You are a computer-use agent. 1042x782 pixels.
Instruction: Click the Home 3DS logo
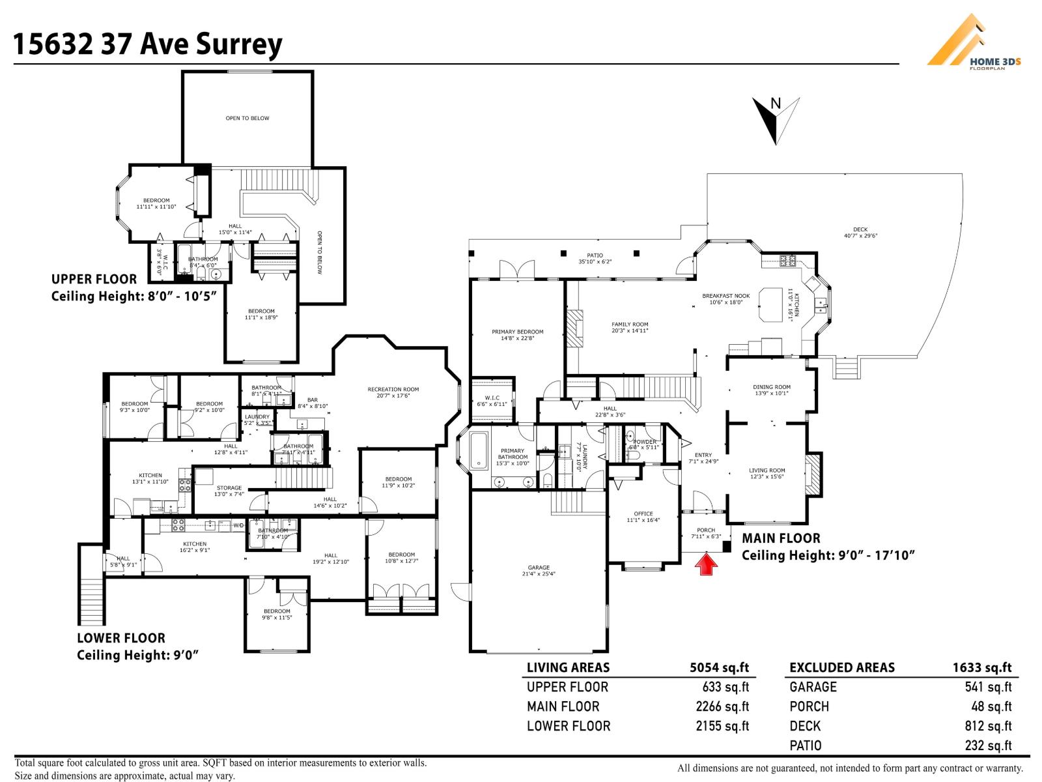click(974, 42)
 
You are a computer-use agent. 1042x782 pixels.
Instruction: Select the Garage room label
click(539, 571)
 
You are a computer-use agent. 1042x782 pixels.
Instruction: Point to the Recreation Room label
click(393, 392)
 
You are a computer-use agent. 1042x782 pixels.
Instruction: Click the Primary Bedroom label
click(517, 335)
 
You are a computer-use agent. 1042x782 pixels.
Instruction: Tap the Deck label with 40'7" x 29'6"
click(860, 233)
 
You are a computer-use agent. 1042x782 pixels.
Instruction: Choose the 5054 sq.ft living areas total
click(719, 667)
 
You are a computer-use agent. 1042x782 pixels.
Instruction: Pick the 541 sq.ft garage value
click(988, 687)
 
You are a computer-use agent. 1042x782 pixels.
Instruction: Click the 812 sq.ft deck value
click(988, 726)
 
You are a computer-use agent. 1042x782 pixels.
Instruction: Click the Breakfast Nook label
click(725, 299)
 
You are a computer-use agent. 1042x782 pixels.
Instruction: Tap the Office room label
click(643, 517)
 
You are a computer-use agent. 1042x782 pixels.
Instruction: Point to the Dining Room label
click(772, 390)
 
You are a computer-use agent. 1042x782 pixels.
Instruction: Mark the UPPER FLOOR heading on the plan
click(94, 280)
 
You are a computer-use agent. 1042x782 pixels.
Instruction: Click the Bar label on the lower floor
click(313, 403)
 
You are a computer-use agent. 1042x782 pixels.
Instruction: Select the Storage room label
click(229, 491)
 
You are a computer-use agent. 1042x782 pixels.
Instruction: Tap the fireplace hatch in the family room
click(575, 328)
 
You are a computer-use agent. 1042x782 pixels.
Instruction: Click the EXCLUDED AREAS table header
click(842, 667)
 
